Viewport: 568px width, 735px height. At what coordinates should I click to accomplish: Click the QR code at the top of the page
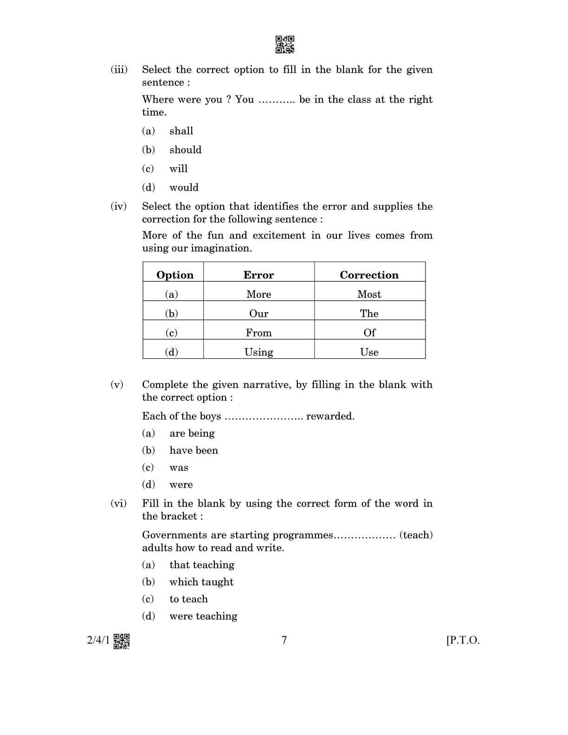[284, 45]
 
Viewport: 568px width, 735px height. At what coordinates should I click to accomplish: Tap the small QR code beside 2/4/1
[122, 641]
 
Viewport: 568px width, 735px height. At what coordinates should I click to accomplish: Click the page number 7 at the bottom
[284, 640]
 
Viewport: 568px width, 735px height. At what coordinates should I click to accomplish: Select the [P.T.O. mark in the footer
[463, 640]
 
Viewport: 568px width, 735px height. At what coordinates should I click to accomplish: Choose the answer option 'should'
[185, 150]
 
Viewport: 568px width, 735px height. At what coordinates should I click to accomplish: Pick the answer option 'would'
[184, 187]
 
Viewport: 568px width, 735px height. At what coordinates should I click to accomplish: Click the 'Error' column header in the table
[258, 275]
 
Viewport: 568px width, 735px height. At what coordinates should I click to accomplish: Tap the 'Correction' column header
[369, 275]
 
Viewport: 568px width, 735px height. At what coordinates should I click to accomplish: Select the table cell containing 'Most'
[369, 294]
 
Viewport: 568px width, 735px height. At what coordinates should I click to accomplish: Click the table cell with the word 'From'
[258, 333]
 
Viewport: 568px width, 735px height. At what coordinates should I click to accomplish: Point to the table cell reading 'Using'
[258, 352]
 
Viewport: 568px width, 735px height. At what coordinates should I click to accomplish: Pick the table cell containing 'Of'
[369, 333]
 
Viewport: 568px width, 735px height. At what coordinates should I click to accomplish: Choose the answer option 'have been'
[194, 451]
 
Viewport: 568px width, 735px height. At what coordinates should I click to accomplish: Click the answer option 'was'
[179, 468]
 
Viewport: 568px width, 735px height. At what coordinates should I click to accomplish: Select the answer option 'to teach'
[188, 599]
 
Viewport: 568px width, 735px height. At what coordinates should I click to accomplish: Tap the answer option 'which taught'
[201, 582]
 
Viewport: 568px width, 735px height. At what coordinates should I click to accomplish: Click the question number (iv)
[118, 206]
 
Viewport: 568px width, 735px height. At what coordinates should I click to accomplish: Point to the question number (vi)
[118, 503]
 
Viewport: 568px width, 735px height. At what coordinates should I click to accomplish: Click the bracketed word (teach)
[416, 535]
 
